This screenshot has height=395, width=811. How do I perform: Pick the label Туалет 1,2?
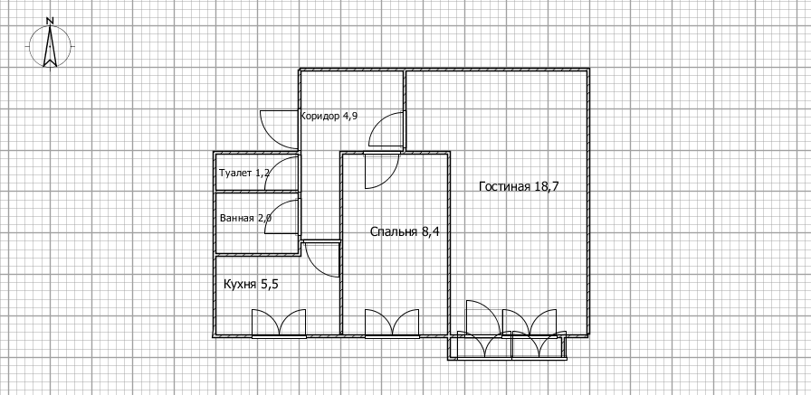click(244, 173)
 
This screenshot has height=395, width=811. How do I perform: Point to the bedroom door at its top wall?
click(380, 170)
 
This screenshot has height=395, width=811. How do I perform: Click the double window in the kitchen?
click(278, 324)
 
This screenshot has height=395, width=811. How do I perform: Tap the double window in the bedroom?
click(392, 324)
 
